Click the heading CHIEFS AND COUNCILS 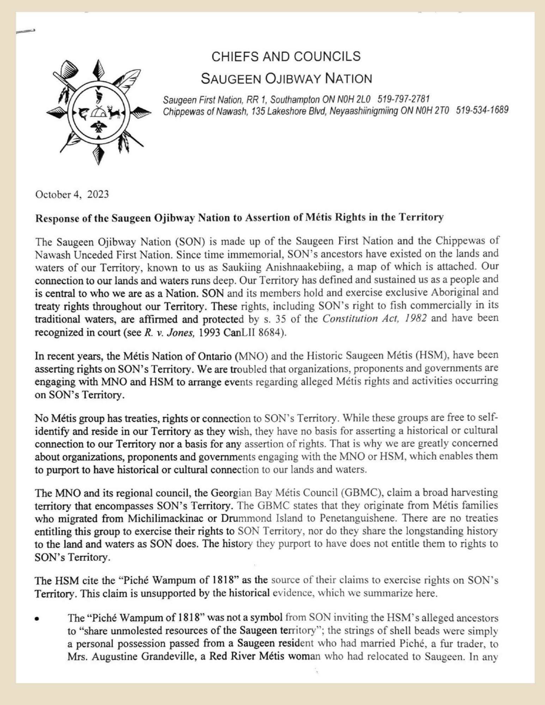(286, 56)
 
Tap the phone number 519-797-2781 (403, 99)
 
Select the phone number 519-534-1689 (482, 110)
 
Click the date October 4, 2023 (72, 195)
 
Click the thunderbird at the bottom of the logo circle (98, 127)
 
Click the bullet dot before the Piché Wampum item (37, 619)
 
